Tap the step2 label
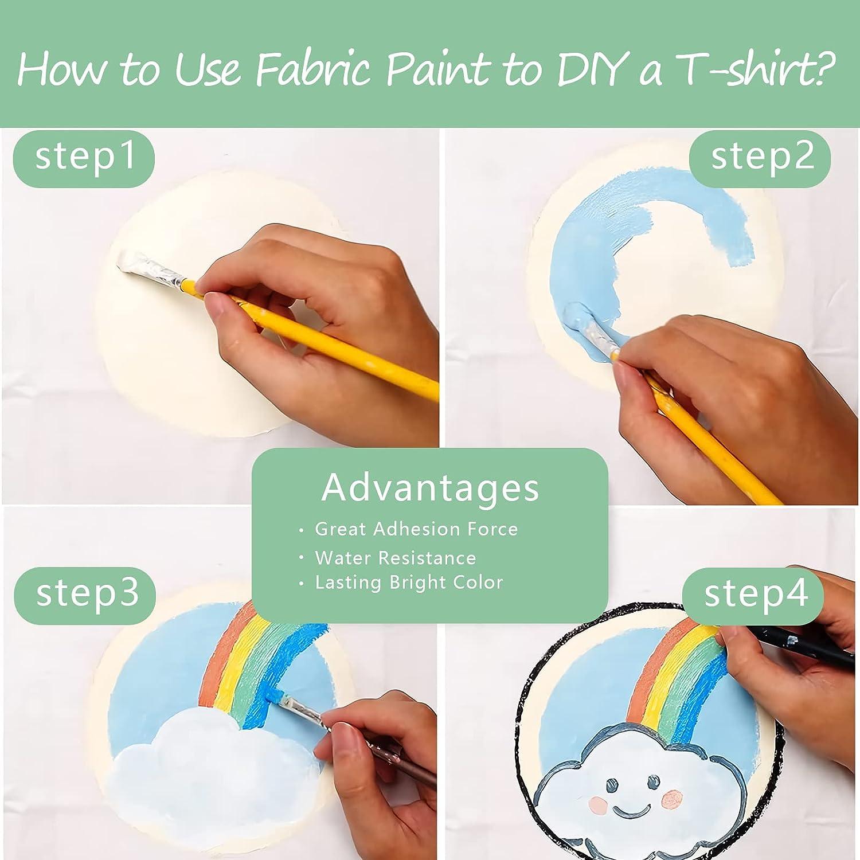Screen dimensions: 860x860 (x=761, y=155)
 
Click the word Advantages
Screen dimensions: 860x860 (x=430, y=487)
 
